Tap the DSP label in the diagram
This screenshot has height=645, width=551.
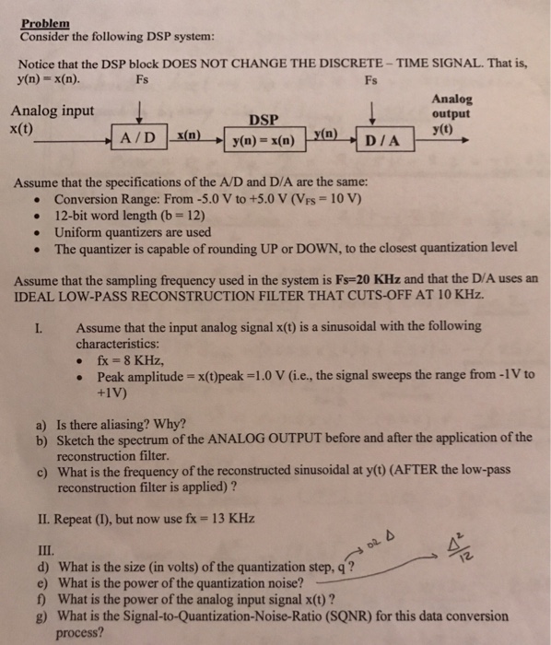coord(263,118)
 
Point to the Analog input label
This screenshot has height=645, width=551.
coord(52,111)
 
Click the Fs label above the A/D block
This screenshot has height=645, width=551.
coord(142,79)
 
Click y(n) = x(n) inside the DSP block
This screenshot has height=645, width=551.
coord(264,142)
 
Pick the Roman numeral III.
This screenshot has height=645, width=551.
coord(31,550)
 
